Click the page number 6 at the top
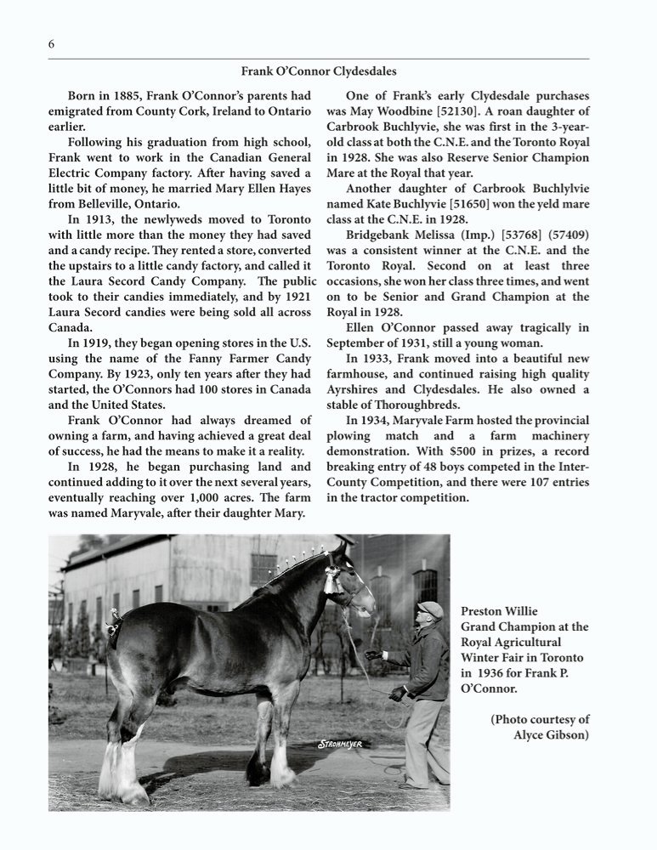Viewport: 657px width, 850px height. coord(51,44)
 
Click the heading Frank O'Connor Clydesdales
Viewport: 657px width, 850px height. coord(319,71)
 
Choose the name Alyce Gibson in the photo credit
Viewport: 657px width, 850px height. coord(551,734)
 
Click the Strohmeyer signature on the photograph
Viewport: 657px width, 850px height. coord(340,745)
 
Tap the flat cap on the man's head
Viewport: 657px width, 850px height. coord(431,609)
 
